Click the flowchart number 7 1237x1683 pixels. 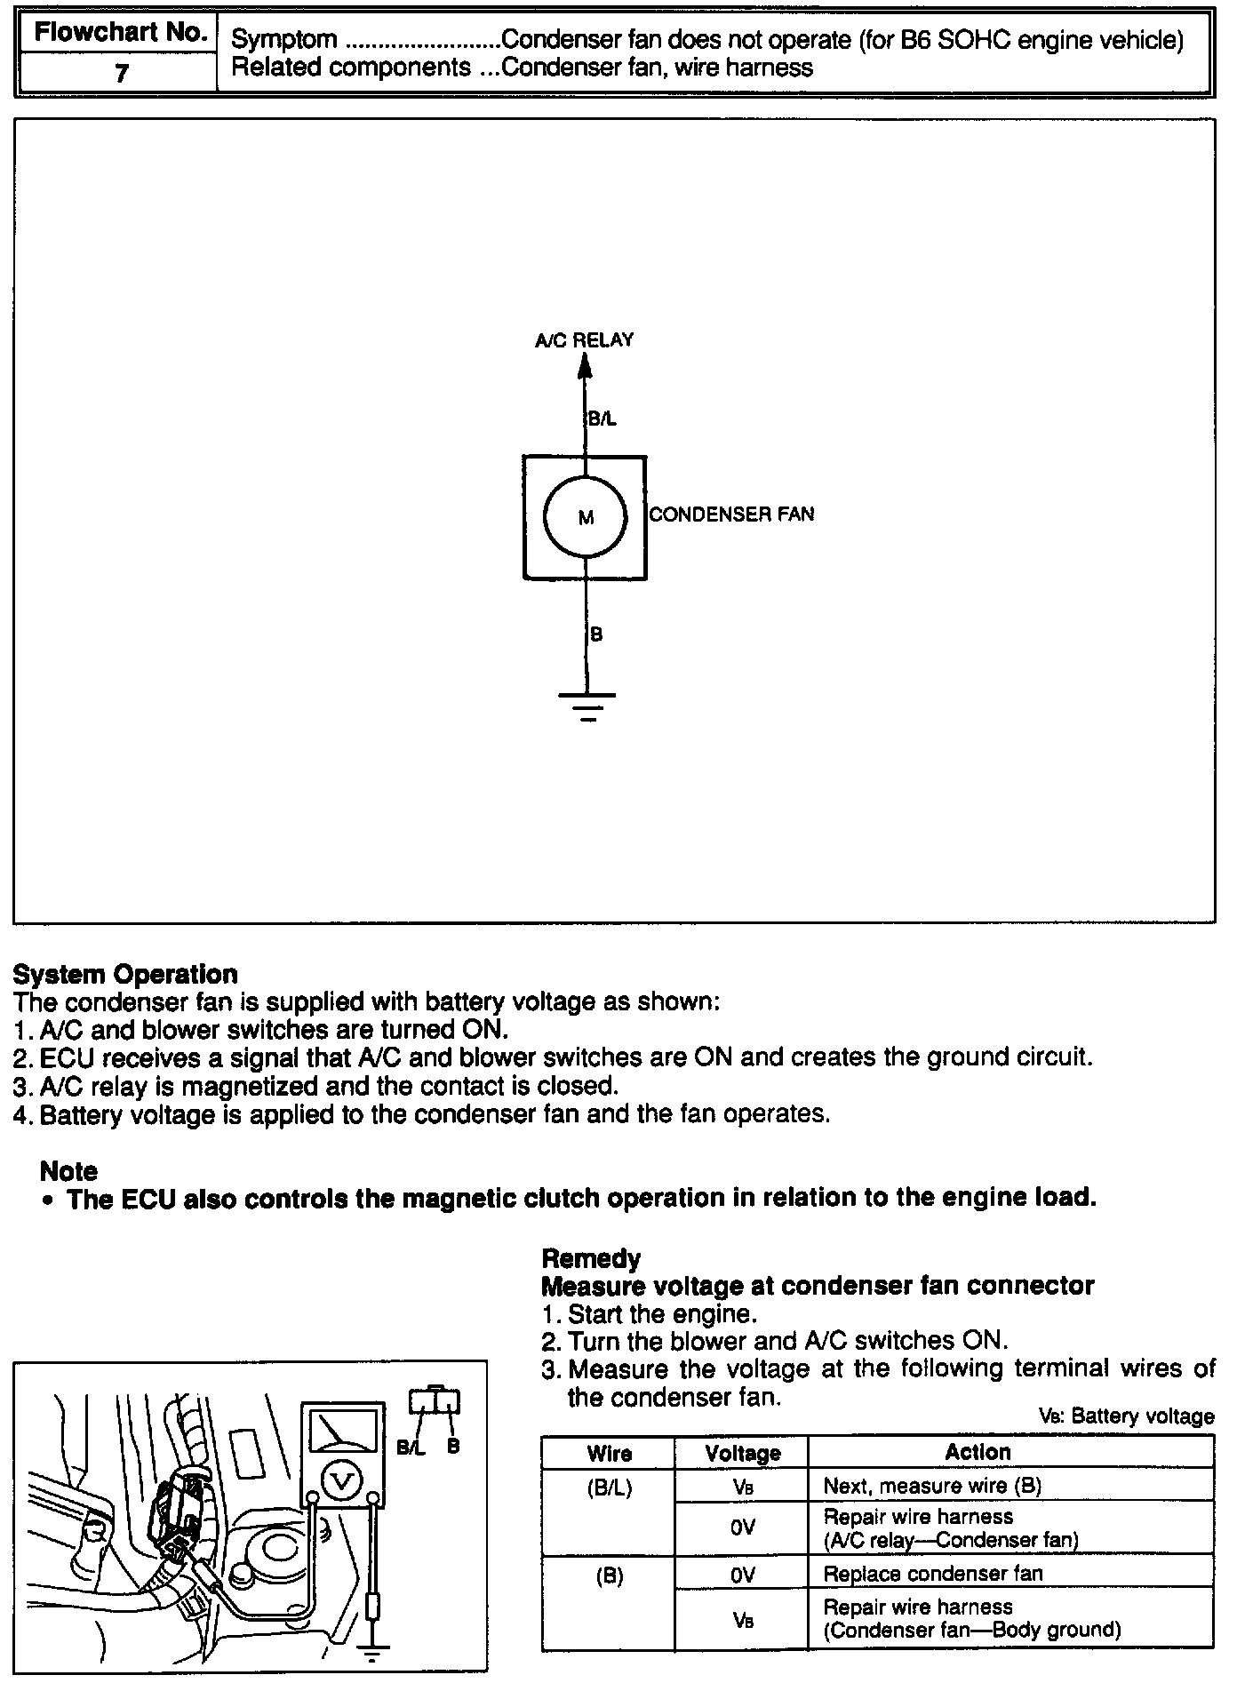122,72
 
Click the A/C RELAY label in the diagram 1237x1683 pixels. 584,339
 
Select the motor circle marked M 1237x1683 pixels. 586,517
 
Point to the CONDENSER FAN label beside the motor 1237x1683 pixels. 731,514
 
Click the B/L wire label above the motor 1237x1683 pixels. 602,419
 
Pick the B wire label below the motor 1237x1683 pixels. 596,634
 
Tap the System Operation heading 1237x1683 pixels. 125,974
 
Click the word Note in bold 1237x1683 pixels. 68,1170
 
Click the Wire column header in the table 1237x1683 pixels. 609,1453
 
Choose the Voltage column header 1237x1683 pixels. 742,1453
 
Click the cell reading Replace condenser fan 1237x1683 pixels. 932,1574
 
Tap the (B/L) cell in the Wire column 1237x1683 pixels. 609,1487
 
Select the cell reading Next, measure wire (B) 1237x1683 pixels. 932,1485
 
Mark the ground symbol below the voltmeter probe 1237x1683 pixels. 373,1653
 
